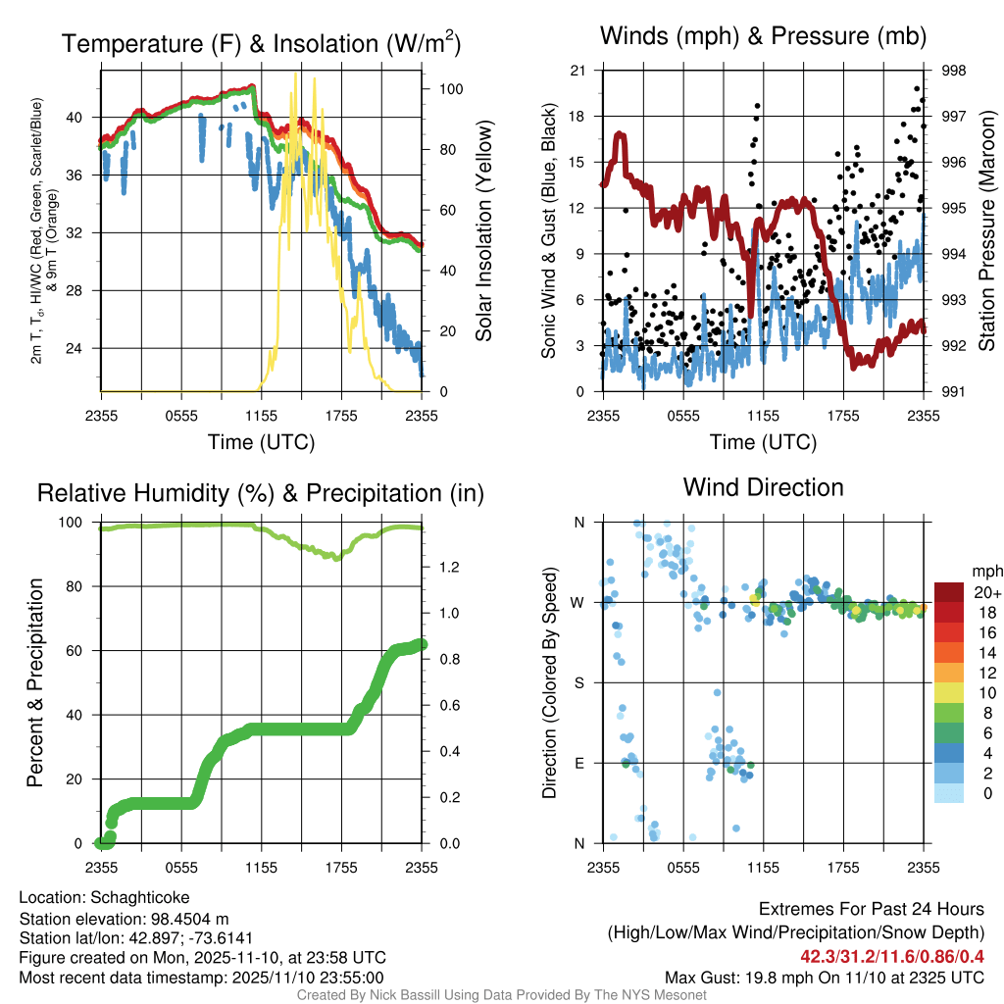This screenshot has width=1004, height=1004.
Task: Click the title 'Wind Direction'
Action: (x=763, y=487)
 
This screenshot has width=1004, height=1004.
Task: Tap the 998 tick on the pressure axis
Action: (x=952, y=71)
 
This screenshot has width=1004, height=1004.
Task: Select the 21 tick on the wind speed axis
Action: (x=577, y=71)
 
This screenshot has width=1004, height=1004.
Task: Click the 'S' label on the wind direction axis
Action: (x=578, y=682)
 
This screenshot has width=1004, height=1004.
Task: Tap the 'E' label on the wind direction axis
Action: (x=578, y=763)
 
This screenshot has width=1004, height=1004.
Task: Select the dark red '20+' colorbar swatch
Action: (x=949, y=592)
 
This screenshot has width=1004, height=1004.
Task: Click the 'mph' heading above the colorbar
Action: (x=984, y=571)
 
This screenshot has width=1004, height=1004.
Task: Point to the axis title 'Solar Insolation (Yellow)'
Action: (x=483, y=231)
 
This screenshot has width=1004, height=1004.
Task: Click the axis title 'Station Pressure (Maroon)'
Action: (x=987, y=231)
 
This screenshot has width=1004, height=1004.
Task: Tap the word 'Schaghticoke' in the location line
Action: (x=140, y=897)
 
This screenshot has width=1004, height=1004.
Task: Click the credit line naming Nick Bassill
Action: (x=501, y=995)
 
